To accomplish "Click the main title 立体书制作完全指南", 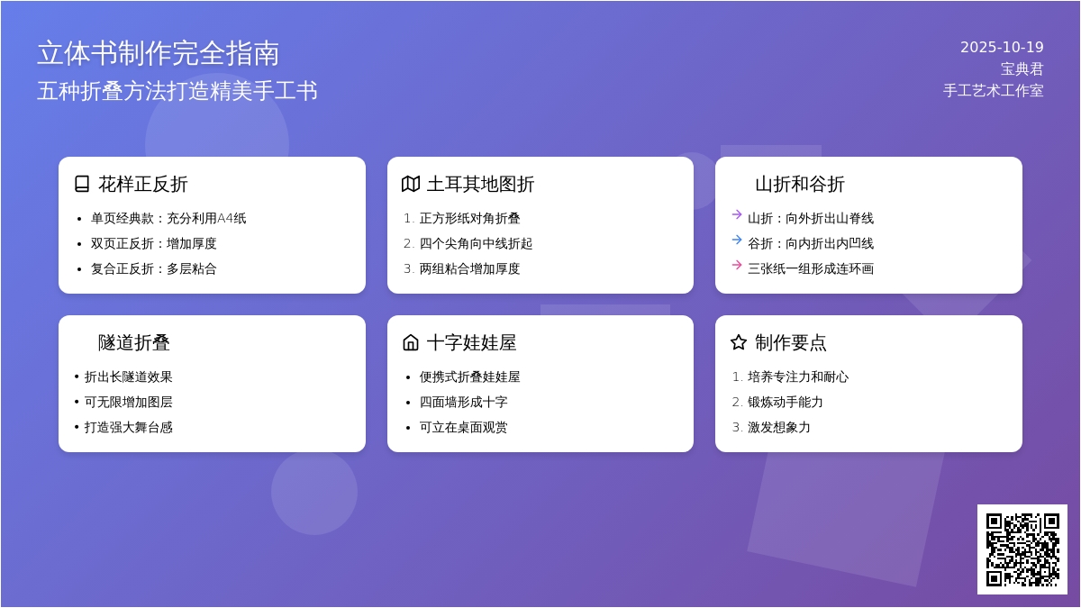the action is (159, 53).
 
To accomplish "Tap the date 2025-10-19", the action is (1002, 47).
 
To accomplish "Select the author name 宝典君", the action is (1022, 69).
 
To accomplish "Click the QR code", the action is (1022, 549).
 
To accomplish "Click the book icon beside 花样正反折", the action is (82, 184).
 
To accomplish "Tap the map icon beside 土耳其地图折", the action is (411, 184).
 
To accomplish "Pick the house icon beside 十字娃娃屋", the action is (411, 342).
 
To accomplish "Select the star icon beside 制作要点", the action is (739, 342).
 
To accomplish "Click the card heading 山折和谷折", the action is (800, 185).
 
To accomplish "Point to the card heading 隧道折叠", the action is (133, 342).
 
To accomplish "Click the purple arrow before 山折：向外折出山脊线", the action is (737, 214).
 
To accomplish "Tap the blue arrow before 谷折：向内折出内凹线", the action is (737, 240).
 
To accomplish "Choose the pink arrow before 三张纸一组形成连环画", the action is (737, 265).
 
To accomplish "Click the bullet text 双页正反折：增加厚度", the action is (153, 244).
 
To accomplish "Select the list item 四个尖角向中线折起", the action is (476, 244).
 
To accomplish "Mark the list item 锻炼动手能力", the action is (786, 402).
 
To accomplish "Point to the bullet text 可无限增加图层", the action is (128, 402).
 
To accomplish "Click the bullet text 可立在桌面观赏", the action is (463, 427).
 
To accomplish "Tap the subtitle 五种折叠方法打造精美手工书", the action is (177, 91).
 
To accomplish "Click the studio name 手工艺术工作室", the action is (993, 91).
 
